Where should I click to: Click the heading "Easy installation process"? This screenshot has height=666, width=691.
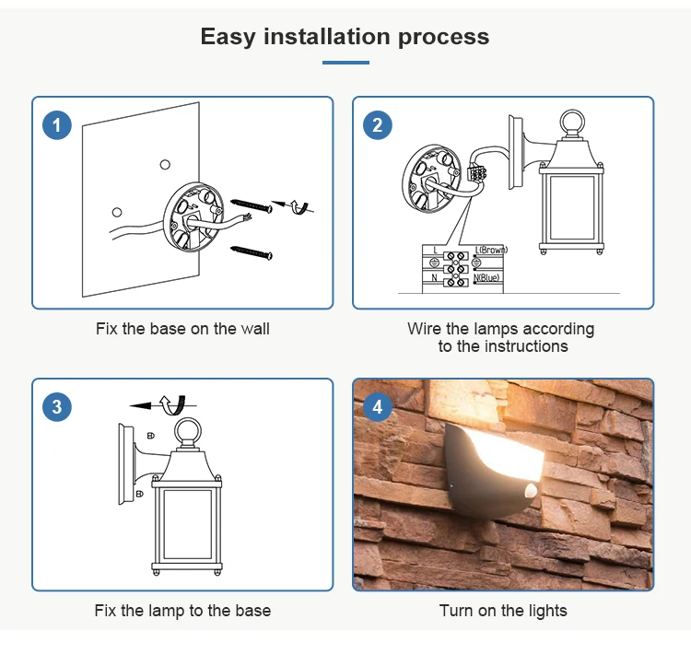345,37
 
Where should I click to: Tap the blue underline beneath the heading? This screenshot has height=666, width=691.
345,63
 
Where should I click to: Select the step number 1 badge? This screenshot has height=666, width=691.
57,125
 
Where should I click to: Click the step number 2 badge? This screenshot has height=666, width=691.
378,125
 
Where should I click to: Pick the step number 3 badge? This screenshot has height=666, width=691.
57,406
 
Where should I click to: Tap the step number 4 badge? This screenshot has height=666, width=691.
378,406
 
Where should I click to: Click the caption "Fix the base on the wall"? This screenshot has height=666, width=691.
182,328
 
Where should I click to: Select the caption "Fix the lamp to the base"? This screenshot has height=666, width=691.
182,610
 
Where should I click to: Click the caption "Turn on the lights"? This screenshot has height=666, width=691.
503,610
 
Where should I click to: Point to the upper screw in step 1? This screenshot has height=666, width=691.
252,204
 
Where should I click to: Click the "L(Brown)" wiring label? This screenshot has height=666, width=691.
491,250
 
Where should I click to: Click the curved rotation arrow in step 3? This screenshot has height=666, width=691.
172,403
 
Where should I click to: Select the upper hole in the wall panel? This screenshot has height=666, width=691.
165,164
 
